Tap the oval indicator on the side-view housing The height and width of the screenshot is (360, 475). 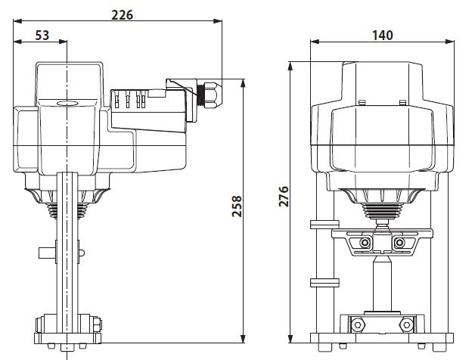(69, 105)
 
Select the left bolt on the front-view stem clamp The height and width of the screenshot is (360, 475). (365, 242)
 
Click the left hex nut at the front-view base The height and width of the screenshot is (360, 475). (355, 325)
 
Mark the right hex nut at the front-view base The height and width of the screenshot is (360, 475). (407, 325)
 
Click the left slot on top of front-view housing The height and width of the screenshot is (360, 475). (362, 102)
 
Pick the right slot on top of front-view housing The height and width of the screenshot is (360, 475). (403, 102)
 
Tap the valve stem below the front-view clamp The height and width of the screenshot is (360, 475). (382, 284)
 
